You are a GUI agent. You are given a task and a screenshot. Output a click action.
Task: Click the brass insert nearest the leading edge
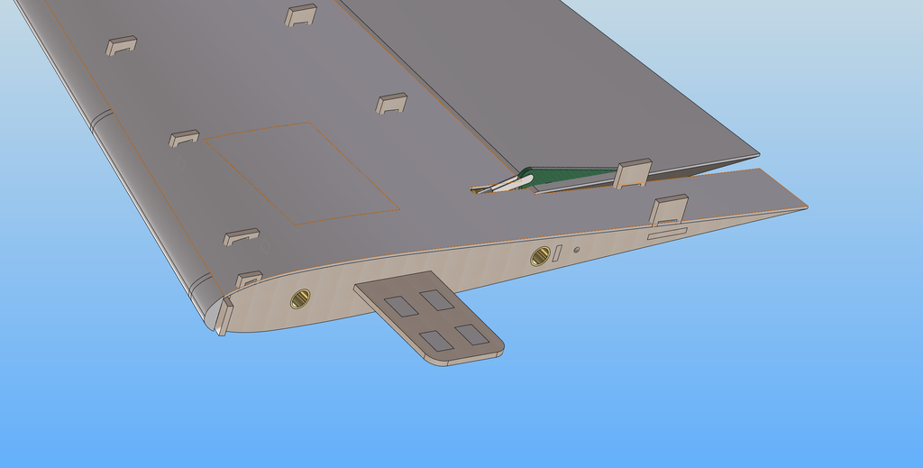pyautogui.click(x=300, y=298)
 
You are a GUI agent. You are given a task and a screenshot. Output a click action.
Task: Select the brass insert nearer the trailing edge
pyautogui.click(x=540, y=256)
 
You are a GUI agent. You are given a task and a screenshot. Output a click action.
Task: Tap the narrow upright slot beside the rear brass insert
pyautogui.click(x=558, y=253)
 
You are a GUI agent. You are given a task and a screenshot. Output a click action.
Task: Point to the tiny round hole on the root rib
pyautogui.click(x=576, y=251)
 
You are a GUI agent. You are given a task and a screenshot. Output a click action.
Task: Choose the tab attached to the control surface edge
pyautogui.click(x=633, y=172)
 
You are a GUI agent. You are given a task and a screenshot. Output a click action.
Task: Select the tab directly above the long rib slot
pyautogui.click(x=669, y=208)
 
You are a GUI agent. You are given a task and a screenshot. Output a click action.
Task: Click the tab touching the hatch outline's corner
pyautogui.click(x=184, y=139)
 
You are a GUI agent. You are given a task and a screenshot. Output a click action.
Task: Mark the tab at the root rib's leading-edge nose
pyautogui.click(x=223, y=317)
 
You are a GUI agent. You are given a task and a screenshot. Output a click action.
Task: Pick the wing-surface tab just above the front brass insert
pyautogui.click(x=249, y=279)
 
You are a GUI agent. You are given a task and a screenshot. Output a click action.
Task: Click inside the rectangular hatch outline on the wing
pyautogui.click(x=302, y=171)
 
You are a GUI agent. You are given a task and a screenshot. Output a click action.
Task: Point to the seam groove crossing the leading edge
pyautogui.click(x=101, y=119)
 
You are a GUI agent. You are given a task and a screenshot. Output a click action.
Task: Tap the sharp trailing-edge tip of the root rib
pyautogui.click(x=804, y=208)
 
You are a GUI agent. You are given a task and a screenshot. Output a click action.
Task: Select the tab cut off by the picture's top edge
pyautogui.click(x=301, y=15)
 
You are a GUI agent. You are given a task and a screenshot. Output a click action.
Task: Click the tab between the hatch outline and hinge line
pyautogui.click(x=391, y=103)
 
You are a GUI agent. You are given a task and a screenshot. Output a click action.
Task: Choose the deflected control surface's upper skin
pyautogui.click(x=559, y=81)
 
